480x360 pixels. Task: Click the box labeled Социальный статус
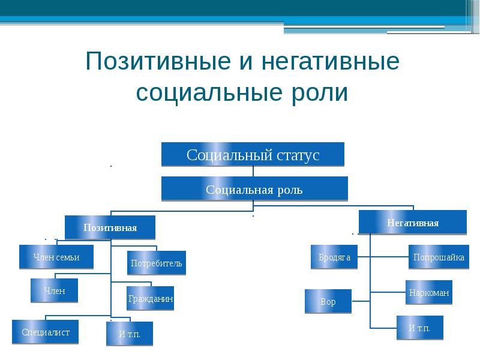click(253, 155)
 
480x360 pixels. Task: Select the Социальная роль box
click(254, 190)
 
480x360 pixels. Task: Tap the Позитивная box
click(110, 228)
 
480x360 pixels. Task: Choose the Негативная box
click(413, 223)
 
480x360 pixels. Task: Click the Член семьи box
click(56, 257)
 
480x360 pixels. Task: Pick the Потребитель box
click(157, 263)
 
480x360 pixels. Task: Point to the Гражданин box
click(151, 298)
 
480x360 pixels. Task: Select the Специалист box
click(46, 332)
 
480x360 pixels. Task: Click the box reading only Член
click(54, 291)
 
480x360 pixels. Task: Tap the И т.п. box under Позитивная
click(130, 334)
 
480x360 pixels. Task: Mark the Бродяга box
click(334, 257)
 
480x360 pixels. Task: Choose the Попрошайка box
click(439, 257)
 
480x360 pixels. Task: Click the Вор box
click(328, 302)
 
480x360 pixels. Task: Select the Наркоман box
click(428, 293)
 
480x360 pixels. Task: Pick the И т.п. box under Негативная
click(420, 328)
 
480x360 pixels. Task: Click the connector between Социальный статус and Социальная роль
click(253, 172)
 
